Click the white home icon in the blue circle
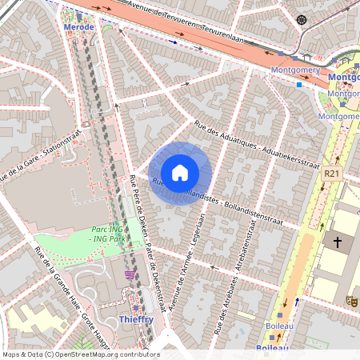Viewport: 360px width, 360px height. (180, 173)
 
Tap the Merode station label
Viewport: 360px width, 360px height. (78, 26)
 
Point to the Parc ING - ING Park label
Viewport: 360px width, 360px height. (106, 234)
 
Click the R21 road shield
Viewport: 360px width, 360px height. (333, 173)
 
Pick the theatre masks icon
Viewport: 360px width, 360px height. (350, 301)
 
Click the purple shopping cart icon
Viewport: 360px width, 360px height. (130, 275)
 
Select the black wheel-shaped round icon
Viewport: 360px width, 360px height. (301, 19)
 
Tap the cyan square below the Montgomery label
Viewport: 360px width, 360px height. (299, 83)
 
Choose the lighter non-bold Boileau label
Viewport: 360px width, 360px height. (273, 326)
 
